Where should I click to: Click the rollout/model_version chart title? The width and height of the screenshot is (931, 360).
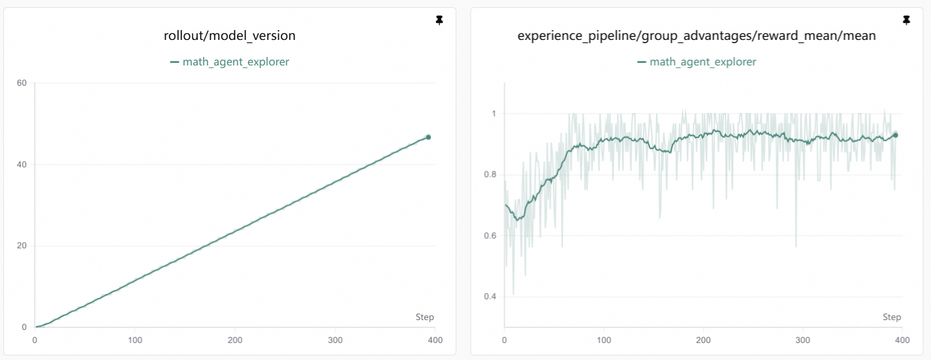[229, 36]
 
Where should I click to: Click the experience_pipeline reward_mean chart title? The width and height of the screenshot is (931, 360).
[697, 36]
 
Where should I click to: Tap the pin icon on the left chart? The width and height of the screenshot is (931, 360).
[439, 21]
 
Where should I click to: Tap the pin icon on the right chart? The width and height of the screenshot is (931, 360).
[906, 21]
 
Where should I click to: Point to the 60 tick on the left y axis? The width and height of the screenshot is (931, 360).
[22, 82]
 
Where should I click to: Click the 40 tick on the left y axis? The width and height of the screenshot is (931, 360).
[22, 164]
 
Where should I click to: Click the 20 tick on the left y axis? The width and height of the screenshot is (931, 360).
[22, 246]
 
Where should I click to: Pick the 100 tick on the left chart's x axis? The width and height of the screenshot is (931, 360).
[135, 340]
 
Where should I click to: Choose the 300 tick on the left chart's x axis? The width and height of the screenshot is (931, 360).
[335, 340]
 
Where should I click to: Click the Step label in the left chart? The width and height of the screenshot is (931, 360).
[424, 317]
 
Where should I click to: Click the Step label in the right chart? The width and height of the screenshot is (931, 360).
[892, 317]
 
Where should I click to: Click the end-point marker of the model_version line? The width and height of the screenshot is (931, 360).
[428, 137]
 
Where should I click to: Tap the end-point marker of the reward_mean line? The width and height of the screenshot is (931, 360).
[896, 135]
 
